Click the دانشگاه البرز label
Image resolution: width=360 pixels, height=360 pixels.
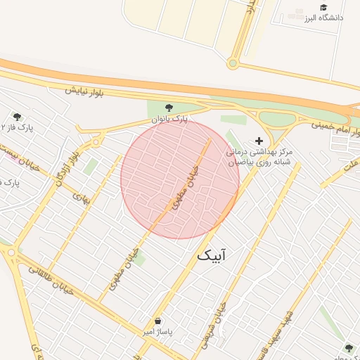click(x=324, y=18)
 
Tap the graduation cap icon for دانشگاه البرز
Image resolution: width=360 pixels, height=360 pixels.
click(x=323, y=7)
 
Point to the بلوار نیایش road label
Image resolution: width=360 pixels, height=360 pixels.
click(x=84, y=91)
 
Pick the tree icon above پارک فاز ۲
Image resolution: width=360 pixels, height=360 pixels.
click(x=17, y=117)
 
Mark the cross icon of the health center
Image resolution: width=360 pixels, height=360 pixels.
click(x=259, y=141)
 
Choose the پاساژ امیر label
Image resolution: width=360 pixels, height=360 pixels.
click(x=159, y=330)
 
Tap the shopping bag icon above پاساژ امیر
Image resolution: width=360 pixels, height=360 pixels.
click(x=157, y=320)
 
